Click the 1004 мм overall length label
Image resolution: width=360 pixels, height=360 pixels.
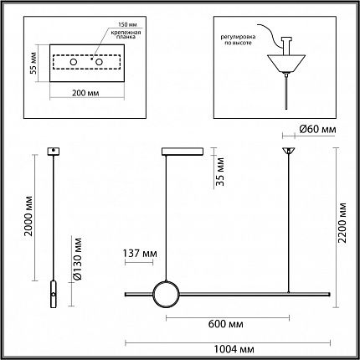pos(234,349)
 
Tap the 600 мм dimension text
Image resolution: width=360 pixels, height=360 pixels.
pos(226,324)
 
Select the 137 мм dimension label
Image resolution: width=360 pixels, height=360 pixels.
pos(140,254)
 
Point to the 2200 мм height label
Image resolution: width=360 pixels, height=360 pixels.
pos(342,223)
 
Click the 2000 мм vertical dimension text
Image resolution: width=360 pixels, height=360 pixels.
pos(28,216)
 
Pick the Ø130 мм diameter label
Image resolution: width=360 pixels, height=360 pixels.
pos(77,259)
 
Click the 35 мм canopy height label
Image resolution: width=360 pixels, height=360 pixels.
pos(220,172)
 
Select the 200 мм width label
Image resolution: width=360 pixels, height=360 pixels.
pos(85,93)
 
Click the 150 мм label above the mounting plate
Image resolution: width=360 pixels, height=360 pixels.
pos(127,24)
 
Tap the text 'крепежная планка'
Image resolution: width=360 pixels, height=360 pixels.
pos(126,34)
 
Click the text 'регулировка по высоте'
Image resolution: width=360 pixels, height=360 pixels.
pos(238,39)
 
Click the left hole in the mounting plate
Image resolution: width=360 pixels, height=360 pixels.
pos(74,62)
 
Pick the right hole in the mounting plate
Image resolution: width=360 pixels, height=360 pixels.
pos(99,62)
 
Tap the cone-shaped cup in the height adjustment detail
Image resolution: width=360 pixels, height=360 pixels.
pos(286,64)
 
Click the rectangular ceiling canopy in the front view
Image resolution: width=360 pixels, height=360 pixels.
pos(183,152)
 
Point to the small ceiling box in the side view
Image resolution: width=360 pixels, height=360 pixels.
pos(53,152)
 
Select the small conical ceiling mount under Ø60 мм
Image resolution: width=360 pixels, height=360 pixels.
pos(289,151)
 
